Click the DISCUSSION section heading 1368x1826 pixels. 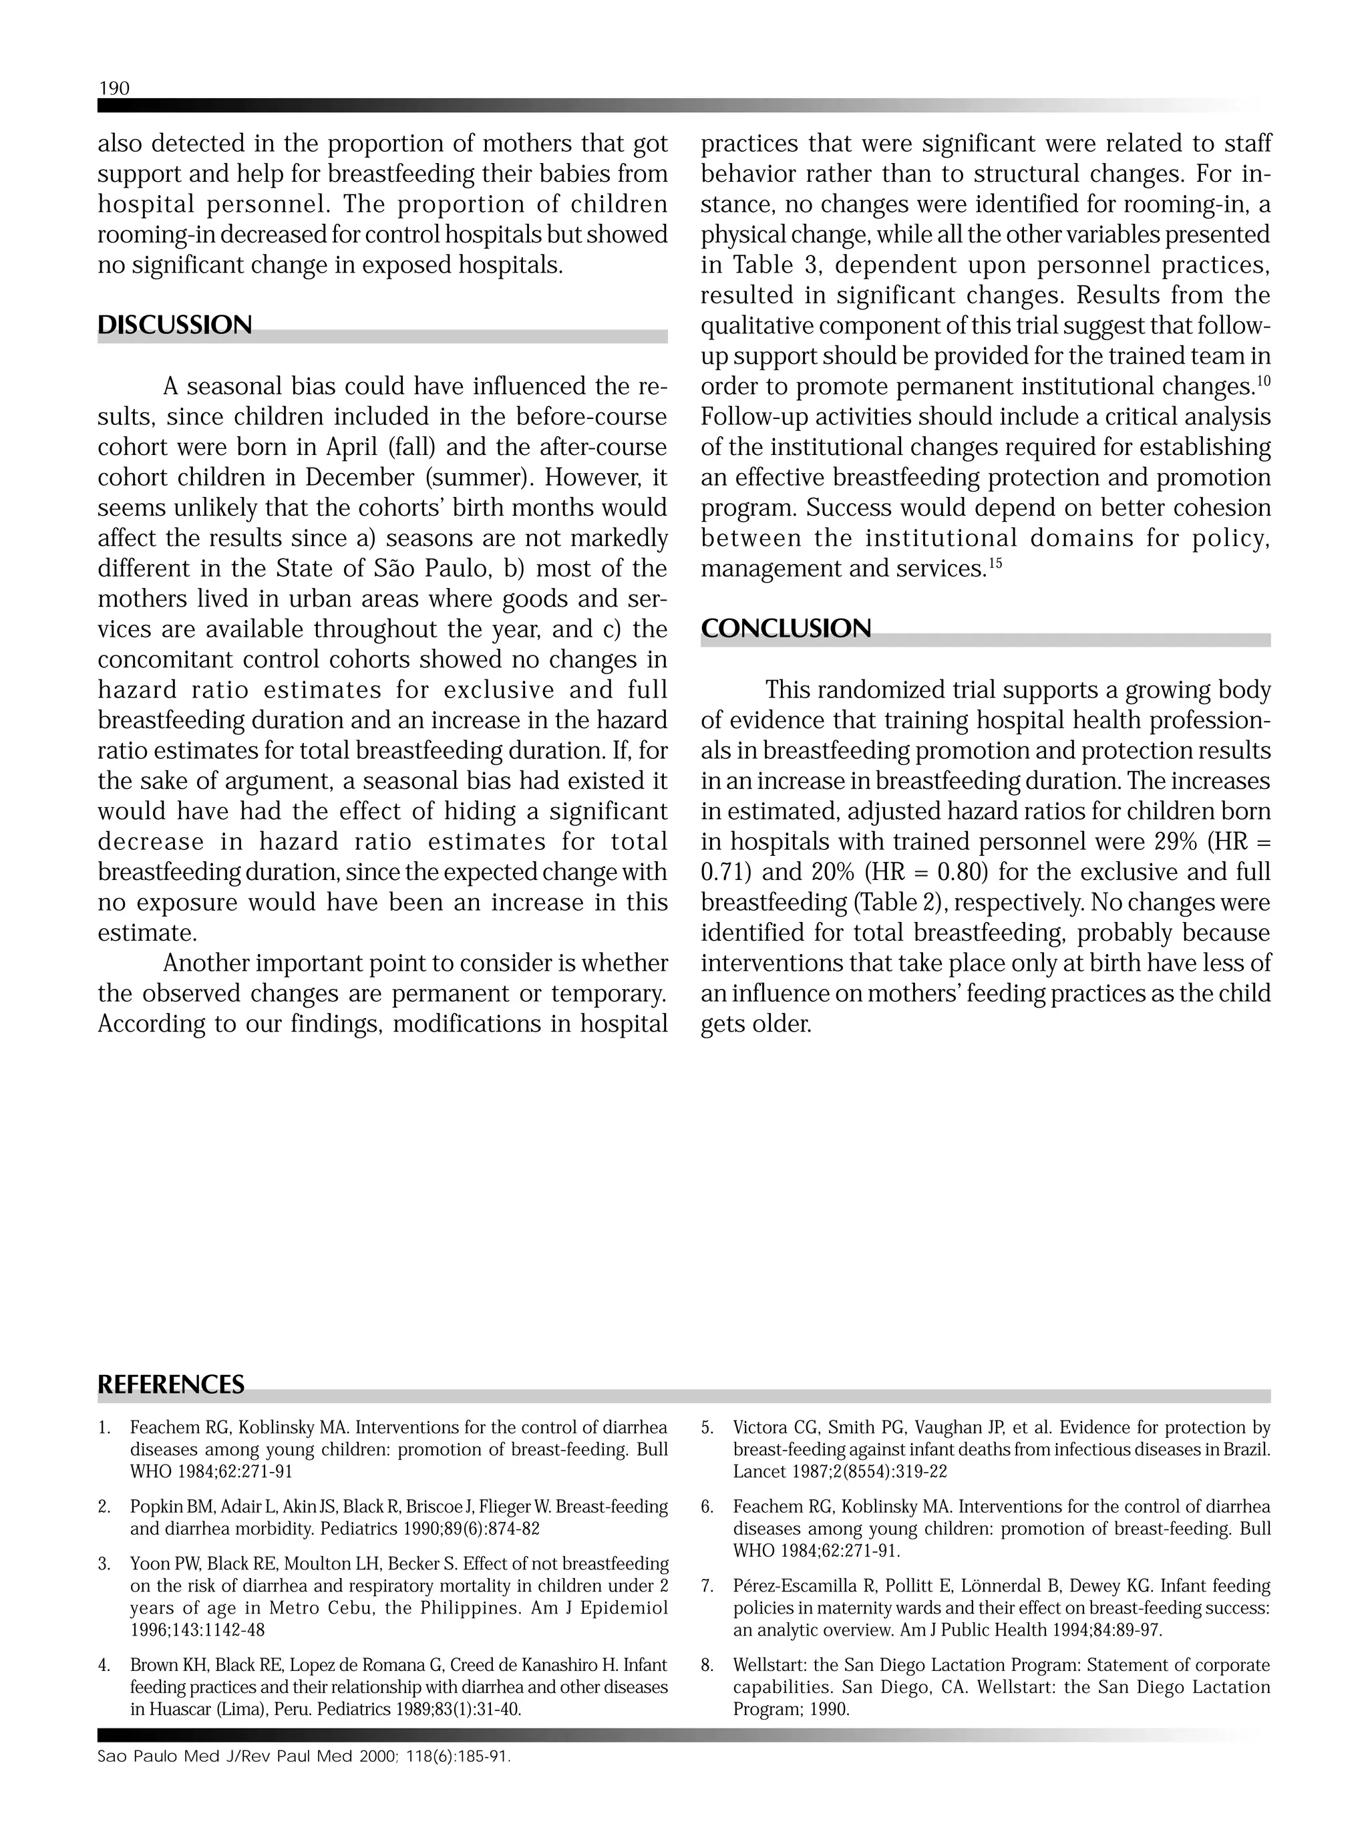(175, 325)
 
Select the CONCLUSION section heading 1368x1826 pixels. (786, 629)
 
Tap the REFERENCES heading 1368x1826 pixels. (171, 1384)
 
